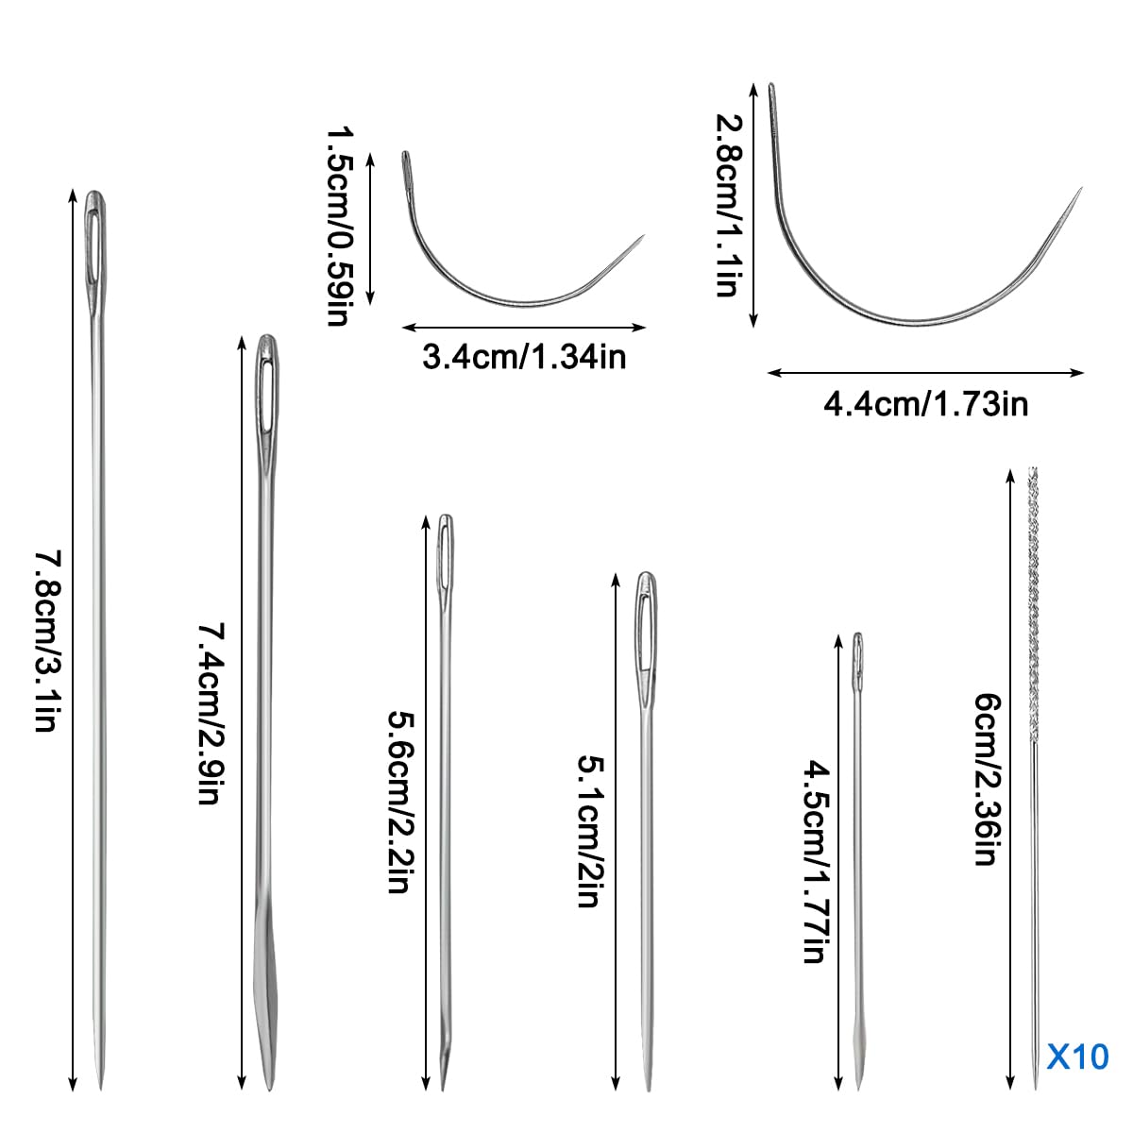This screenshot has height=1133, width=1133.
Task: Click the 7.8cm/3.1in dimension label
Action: coord(46,641)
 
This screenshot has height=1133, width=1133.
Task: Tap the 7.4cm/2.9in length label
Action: coord(211,713)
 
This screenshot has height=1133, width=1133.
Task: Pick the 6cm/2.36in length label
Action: coord(987,779)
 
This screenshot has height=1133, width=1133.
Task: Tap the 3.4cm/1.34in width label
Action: coord(524,357)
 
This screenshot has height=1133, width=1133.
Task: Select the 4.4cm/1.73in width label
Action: coord(926,404)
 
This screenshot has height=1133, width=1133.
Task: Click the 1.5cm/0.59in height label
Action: coord(340,226)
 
